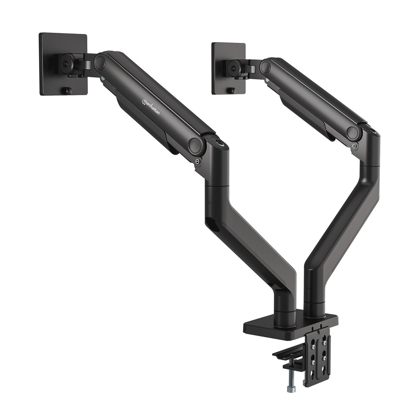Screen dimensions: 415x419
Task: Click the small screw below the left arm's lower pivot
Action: coord(197,161)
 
